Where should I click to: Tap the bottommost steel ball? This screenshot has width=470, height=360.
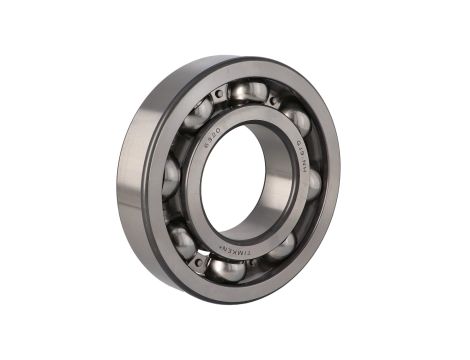point(229,269)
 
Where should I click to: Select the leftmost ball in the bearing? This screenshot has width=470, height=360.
point(171,177)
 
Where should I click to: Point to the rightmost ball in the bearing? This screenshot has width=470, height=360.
point(313,184)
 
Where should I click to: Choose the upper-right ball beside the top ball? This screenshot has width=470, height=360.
point(297,121)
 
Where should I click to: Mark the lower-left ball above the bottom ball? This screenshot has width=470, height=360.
point(182,240)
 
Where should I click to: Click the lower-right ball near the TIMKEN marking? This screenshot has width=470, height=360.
point(283,246)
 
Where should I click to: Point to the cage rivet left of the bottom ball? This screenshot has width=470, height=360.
point(201,262)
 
